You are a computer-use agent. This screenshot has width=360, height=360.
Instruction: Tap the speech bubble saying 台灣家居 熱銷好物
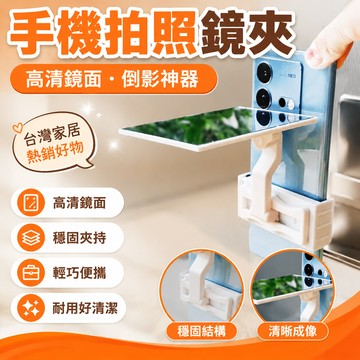click(53, 142)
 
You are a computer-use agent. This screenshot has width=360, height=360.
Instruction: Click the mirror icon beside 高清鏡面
click(31, 203)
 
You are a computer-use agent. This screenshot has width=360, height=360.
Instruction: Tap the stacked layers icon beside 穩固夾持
click(31, 238)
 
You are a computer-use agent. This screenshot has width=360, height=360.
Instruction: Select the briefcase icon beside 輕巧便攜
click(31, 273)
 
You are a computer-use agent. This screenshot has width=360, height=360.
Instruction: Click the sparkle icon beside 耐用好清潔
click(31, 308)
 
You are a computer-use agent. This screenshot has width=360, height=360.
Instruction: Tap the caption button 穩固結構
click(202, 331)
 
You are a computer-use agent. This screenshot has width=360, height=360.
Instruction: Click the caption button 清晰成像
click(292, 331)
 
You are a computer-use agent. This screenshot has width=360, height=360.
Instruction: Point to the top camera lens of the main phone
click(264, 72)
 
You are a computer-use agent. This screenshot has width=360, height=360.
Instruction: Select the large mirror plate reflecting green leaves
click(217, 128)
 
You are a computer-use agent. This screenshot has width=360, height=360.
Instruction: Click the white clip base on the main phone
click(285, 208)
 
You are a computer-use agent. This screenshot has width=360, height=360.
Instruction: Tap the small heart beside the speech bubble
click(17, 128)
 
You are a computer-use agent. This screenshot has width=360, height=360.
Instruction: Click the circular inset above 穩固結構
click(201, 284)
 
